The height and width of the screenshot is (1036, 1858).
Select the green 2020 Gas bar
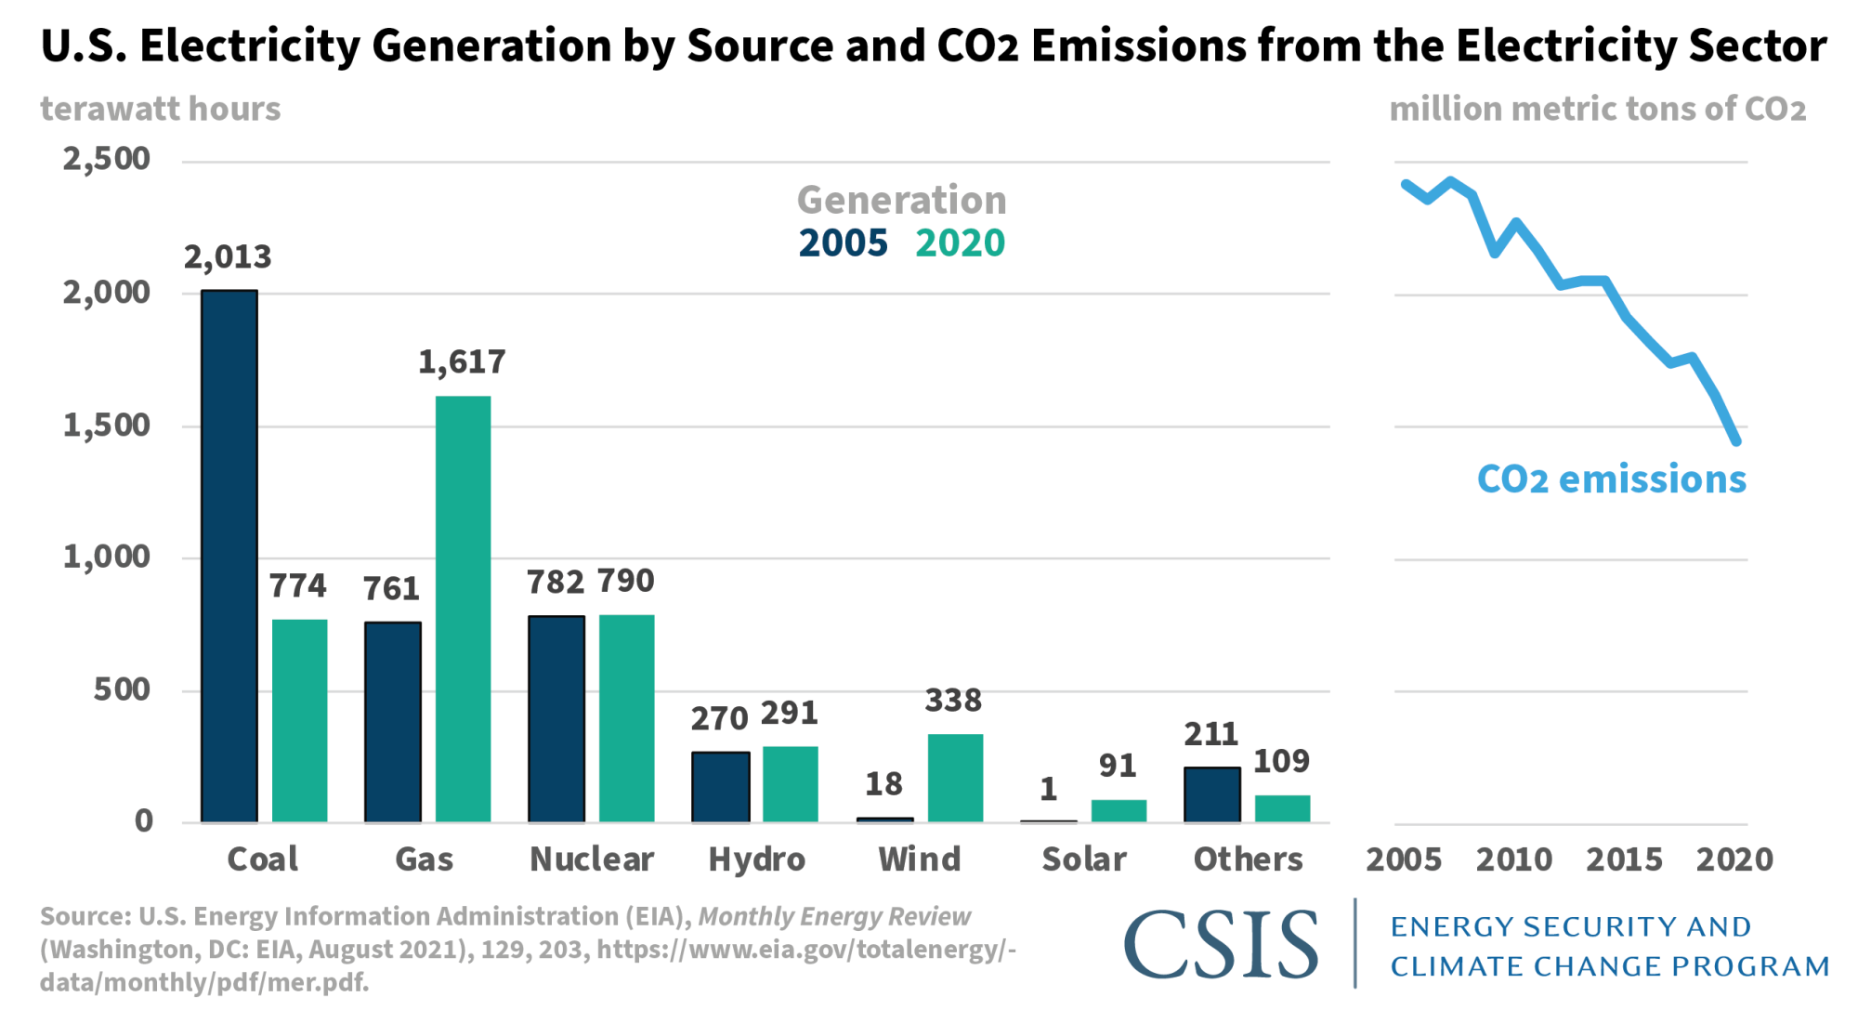pyautogui.click(x=463, y=609)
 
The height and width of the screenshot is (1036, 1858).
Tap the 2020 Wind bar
pyautogui.click(x=955, y=778)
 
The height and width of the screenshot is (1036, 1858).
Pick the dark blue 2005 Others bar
pyautogui.click(x=1211, y=794)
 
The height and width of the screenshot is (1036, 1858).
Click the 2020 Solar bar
pyautogui.click(x=1119, y=810)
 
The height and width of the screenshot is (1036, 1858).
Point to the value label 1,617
pyautogui.click(x=462, y=361)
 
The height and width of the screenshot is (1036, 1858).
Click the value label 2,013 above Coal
pyautogui.click(x=228, y=256)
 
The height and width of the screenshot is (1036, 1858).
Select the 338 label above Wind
pyautogui.click(x=953, y=700)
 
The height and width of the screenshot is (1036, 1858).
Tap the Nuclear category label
pyautogui.click(x=592, y=859)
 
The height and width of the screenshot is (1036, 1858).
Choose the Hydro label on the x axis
pyautogui.click(x=756, y=859)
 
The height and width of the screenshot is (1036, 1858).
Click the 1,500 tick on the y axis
pyautogui.click(x=106, y=426)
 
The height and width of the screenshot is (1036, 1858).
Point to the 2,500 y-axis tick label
pyautogui.click(x=106, y=159)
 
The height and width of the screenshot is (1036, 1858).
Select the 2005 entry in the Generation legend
pyautogui.click(x=843, y=243)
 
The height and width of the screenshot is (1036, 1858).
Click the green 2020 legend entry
pyautogui.click(x=960, y=243)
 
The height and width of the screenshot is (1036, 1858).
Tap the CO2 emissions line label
pyautogui.click(x=1611, y=479)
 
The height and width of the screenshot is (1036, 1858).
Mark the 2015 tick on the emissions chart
pyautogui.click(x=1624, y=859)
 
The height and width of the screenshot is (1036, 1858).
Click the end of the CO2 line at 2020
pyautogui.click(x=1735, y=441)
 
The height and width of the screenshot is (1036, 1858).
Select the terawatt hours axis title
pyautogui.click(x=160, y=109)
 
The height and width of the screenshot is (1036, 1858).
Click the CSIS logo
pyautogui.click(x=1221, y=944)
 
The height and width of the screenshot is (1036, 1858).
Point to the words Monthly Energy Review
pyautogui.click(x=833, y=917)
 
